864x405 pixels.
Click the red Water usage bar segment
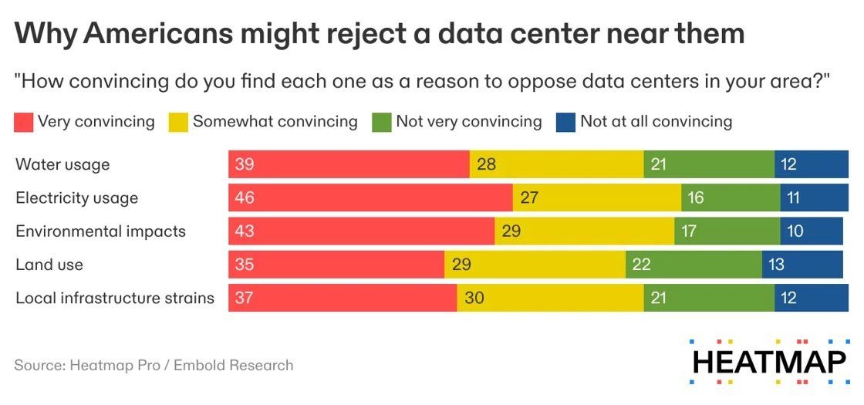(x=349, y=164)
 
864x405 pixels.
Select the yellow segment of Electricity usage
(x=596, y=197)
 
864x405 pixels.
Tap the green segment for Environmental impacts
(x=727, y=231)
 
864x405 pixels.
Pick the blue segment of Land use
(x=802, y=265)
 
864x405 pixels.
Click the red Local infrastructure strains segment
(x=343, y=298)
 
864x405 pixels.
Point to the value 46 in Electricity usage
(x=245, y=198)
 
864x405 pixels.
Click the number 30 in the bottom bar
(x=474, y=298)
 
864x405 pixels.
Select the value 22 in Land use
(x=641, y=265)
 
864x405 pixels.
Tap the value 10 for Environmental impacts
(x=796, y=231)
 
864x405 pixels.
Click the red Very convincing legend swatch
(x=24, y=122)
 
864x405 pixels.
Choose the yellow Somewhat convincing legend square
(x=178, y=122)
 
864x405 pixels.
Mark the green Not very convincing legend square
(x=381, y=122)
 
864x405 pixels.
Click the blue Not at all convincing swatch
(x=565, y=122)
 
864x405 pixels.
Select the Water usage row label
(x=62, y=164)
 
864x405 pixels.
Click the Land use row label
(x=49, y=265)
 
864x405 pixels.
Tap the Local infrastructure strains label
(x=115, y=298)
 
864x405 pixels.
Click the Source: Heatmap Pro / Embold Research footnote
(x=154, y=365)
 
